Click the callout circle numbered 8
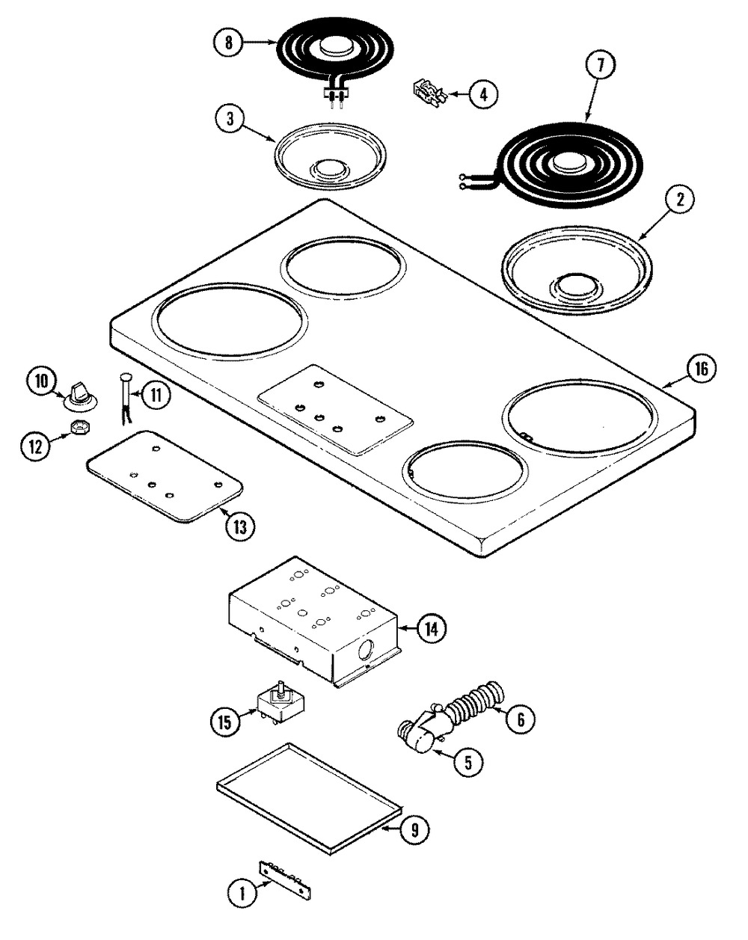pos(228,43)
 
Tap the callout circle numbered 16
pos(701,369)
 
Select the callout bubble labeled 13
pos(240,527)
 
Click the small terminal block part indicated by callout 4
pos(429,92)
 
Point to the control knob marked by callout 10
pos(80,396)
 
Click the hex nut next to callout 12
pos(80,426)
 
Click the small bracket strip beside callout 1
pos(285,879)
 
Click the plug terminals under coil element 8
pos(336,97)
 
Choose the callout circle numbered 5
pos(468,762)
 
